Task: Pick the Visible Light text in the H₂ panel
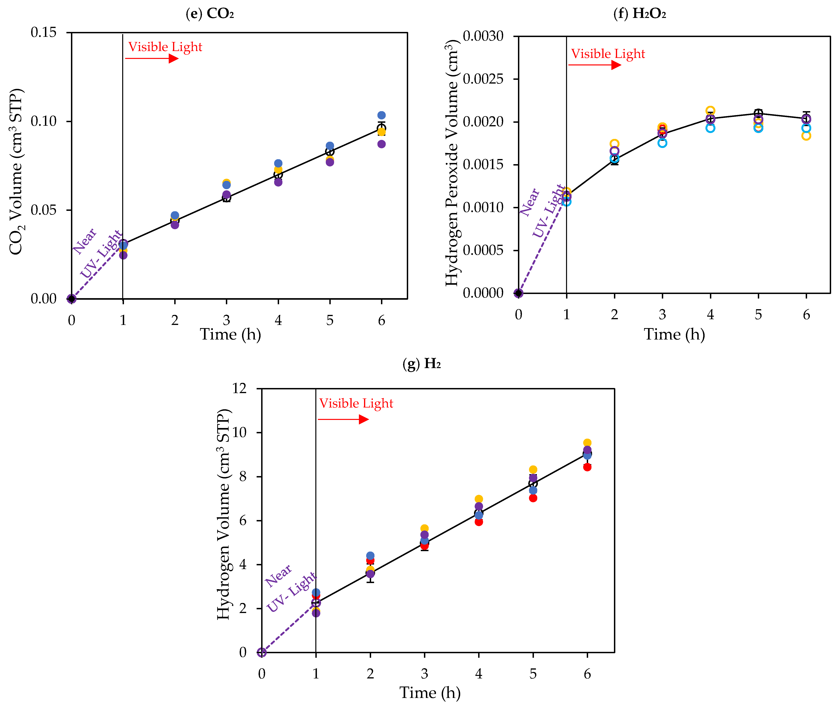(x=356, y=403)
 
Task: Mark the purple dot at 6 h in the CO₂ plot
(x=381, y=144)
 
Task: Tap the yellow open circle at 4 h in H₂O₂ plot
(x=710, y=110)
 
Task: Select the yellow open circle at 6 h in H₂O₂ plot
(x=806, y=136)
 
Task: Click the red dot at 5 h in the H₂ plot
(x=533, y=498)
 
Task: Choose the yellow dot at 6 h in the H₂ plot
(x=587, y=443)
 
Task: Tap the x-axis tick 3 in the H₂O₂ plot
(x=662, y=315)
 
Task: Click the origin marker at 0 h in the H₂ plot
(x=262, y=653)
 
